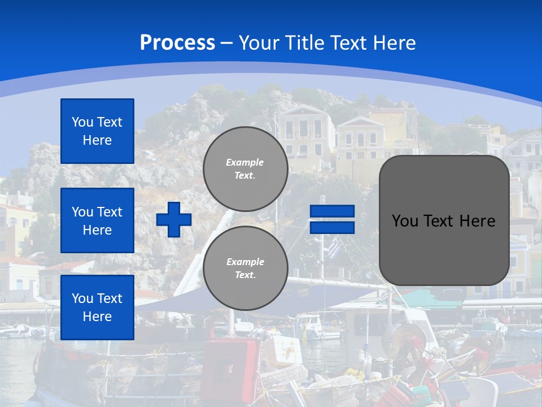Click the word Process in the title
[177, 43]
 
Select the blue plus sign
[174, 219]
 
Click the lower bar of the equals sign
[332, 227]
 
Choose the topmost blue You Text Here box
[97, 131]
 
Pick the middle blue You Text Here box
[97, 220]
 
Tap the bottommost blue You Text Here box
[97, 308]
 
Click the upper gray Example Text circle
[246, 168]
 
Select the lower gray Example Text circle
[246, 268]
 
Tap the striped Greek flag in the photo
[335, 246]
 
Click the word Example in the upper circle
[245, 162]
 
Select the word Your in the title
[257, 43]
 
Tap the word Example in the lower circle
[245, 262]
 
